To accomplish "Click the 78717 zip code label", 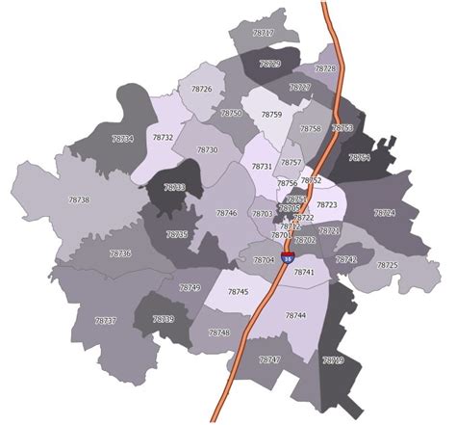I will pos(263,34).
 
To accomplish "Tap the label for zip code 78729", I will pos(270,65).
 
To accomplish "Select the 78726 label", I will pos(202,90).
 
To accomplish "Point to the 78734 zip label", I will pos(123,140).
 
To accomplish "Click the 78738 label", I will pos(80,200).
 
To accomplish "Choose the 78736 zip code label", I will pos(120,253).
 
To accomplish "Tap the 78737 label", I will pos(106,321).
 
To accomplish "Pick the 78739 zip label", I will pos(164,319).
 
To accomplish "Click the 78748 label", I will pos(219,332).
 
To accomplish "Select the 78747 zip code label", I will pos(269,360).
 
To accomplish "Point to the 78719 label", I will pos(333,360).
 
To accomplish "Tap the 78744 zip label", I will pos(295,316).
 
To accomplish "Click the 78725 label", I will pos(387,265).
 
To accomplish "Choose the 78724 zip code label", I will pos(385,213).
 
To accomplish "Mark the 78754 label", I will pos(360,157).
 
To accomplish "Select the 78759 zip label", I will pos(271,116).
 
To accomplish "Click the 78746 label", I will pos(227,213).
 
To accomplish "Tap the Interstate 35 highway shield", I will pos(288,257).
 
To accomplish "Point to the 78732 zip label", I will pos(163,138).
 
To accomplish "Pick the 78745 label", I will pos(239,292).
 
